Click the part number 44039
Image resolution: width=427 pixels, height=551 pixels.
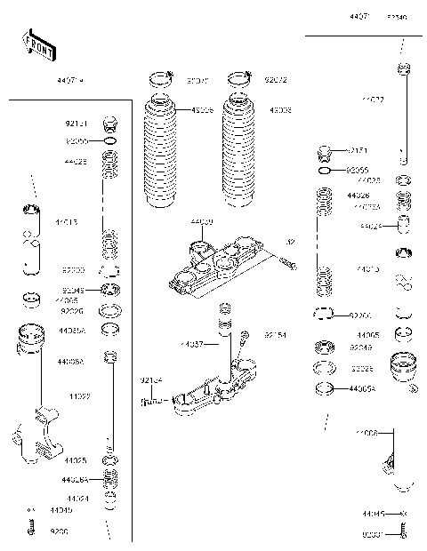point(202,220)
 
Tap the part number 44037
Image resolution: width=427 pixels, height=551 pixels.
point(191,343)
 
